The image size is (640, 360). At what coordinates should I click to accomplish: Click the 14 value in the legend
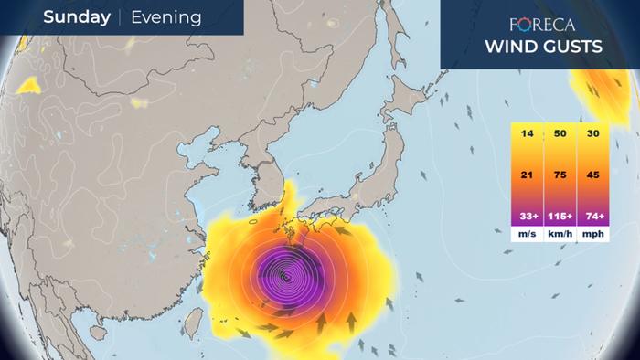point(527,134)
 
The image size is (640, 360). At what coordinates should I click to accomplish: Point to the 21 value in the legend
point(527,175)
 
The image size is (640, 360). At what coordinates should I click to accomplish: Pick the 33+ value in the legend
point(527,216)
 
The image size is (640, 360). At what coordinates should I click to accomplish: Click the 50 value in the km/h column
point(560,134)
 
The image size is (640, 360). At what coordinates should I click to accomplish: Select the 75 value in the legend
point(560,175)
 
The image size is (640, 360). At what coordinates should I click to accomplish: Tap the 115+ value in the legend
point(560,216)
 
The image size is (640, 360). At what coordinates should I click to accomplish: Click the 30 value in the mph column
point(593,134)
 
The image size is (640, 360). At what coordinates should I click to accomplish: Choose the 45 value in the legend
point(593,175)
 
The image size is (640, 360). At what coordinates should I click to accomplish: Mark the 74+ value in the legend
point(593,216)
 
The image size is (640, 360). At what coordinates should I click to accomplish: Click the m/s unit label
point(527,234)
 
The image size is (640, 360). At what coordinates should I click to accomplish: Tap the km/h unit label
point(560,234)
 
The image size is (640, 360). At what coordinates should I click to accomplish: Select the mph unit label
point(593,234)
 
